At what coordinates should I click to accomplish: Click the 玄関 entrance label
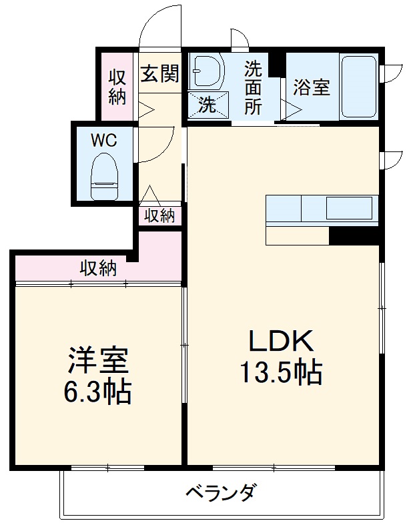159,73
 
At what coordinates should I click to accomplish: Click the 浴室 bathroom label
312,87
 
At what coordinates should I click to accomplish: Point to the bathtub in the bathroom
358,87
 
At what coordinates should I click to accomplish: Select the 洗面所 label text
253,87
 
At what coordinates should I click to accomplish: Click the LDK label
280,342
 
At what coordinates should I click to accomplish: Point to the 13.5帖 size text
281,372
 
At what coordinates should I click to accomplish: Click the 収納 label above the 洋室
98,268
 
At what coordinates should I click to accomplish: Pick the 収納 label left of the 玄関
117,87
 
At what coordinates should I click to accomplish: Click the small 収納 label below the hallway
159,215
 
